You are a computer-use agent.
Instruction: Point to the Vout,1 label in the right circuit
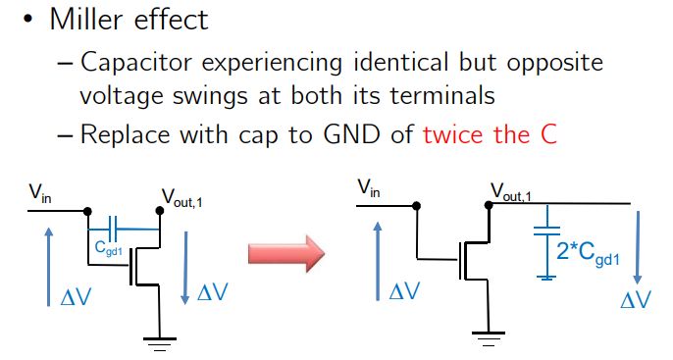[512, 193]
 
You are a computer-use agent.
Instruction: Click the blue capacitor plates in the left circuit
[113, 231]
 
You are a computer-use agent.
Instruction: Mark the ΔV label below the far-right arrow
[636, 300]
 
